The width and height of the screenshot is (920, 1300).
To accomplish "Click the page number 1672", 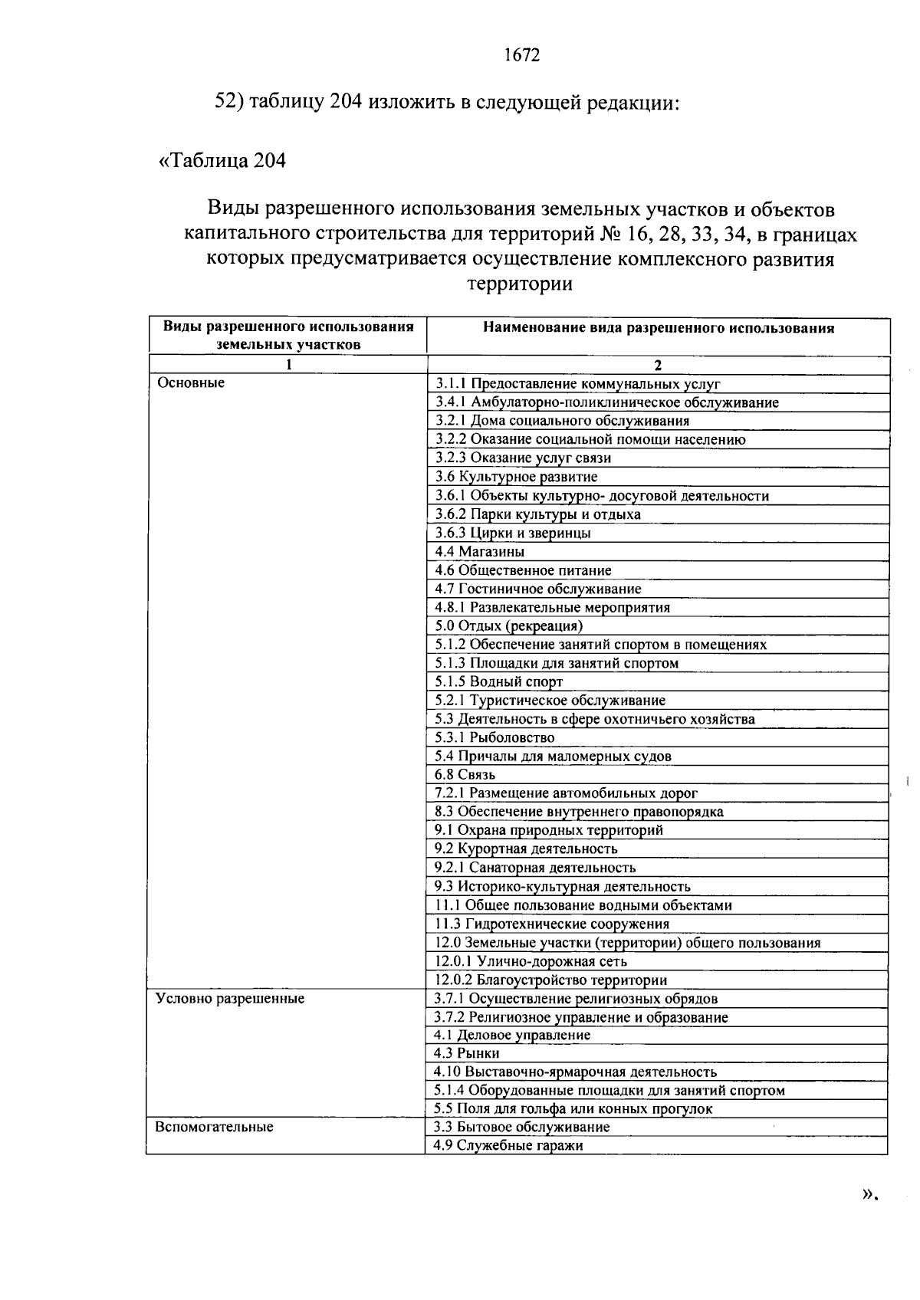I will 522,55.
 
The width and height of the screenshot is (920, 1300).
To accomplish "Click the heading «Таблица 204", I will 222,160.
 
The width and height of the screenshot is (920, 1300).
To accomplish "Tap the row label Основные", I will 191,382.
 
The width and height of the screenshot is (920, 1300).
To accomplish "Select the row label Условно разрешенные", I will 230,998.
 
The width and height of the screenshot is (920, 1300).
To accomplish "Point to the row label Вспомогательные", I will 214,1127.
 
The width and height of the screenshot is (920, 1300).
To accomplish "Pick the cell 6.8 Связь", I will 465,774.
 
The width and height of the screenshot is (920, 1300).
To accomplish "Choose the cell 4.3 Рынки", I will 466,1053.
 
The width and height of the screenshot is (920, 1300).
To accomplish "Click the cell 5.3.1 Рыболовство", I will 495,737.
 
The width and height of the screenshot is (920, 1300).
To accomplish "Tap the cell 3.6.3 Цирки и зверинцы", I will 513,533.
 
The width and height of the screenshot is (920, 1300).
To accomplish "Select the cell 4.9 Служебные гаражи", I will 508,1145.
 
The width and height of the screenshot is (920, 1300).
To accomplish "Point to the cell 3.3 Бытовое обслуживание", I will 521,1127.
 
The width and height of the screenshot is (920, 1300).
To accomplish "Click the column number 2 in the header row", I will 658,365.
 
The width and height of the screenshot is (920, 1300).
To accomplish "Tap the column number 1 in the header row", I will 288,365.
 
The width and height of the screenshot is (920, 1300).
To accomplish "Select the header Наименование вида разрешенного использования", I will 658,328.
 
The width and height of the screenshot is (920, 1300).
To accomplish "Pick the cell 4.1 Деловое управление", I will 512,1035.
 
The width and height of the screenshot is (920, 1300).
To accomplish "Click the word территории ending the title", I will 520,284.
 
